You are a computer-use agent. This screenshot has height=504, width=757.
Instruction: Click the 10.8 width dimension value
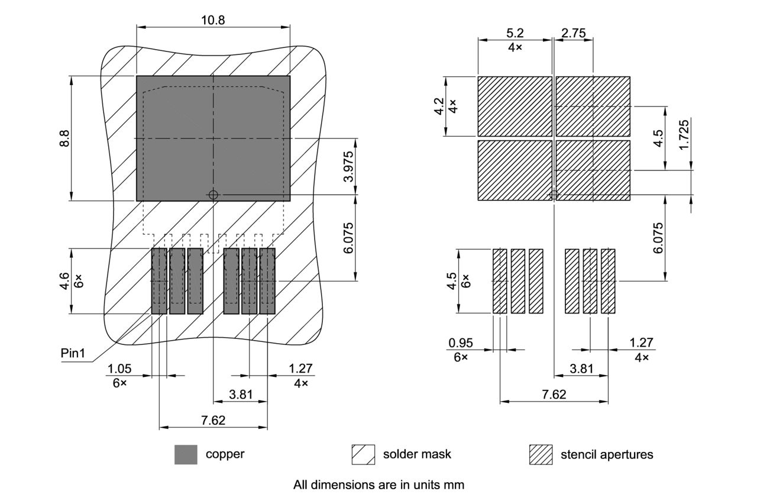[x=213, y=20]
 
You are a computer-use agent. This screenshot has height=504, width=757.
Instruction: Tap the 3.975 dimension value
[x=349, y=166]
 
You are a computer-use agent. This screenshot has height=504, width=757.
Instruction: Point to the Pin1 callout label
[x=73, y=354]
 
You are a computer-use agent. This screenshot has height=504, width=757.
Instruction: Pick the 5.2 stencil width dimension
[x=515, y=33]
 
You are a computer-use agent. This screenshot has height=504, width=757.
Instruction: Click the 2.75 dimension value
[x=574, y=33]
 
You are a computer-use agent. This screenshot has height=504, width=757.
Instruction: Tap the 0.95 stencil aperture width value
[x=461, y=343]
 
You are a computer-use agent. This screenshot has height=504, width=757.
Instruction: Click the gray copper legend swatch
[x=186, y=454]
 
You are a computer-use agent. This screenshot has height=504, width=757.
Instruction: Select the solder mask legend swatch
[x=363, y=454]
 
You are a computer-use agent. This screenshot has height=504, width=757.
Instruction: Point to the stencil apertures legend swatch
[x=541, y=454]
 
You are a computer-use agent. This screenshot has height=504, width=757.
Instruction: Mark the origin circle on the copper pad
[x=213, y=195]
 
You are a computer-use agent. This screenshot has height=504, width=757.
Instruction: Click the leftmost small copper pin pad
[x=160, y=281]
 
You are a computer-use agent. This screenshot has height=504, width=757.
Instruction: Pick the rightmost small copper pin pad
[x=267, y=281]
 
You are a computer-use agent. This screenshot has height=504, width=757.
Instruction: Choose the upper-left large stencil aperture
[x=515, y=106]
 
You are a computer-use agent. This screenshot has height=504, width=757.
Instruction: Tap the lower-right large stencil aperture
[x=593, y=170]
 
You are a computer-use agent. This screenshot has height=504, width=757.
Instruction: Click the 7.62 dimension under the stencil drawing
[x=554, y=394]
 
